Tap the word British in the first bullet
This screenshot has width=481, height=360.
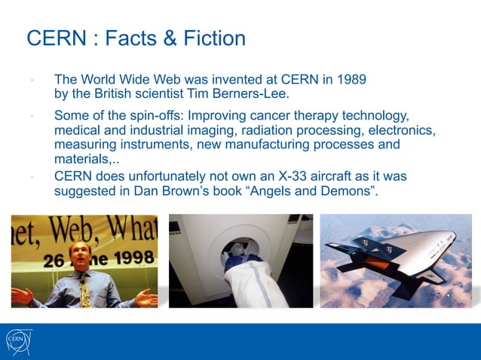[118, 95]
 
